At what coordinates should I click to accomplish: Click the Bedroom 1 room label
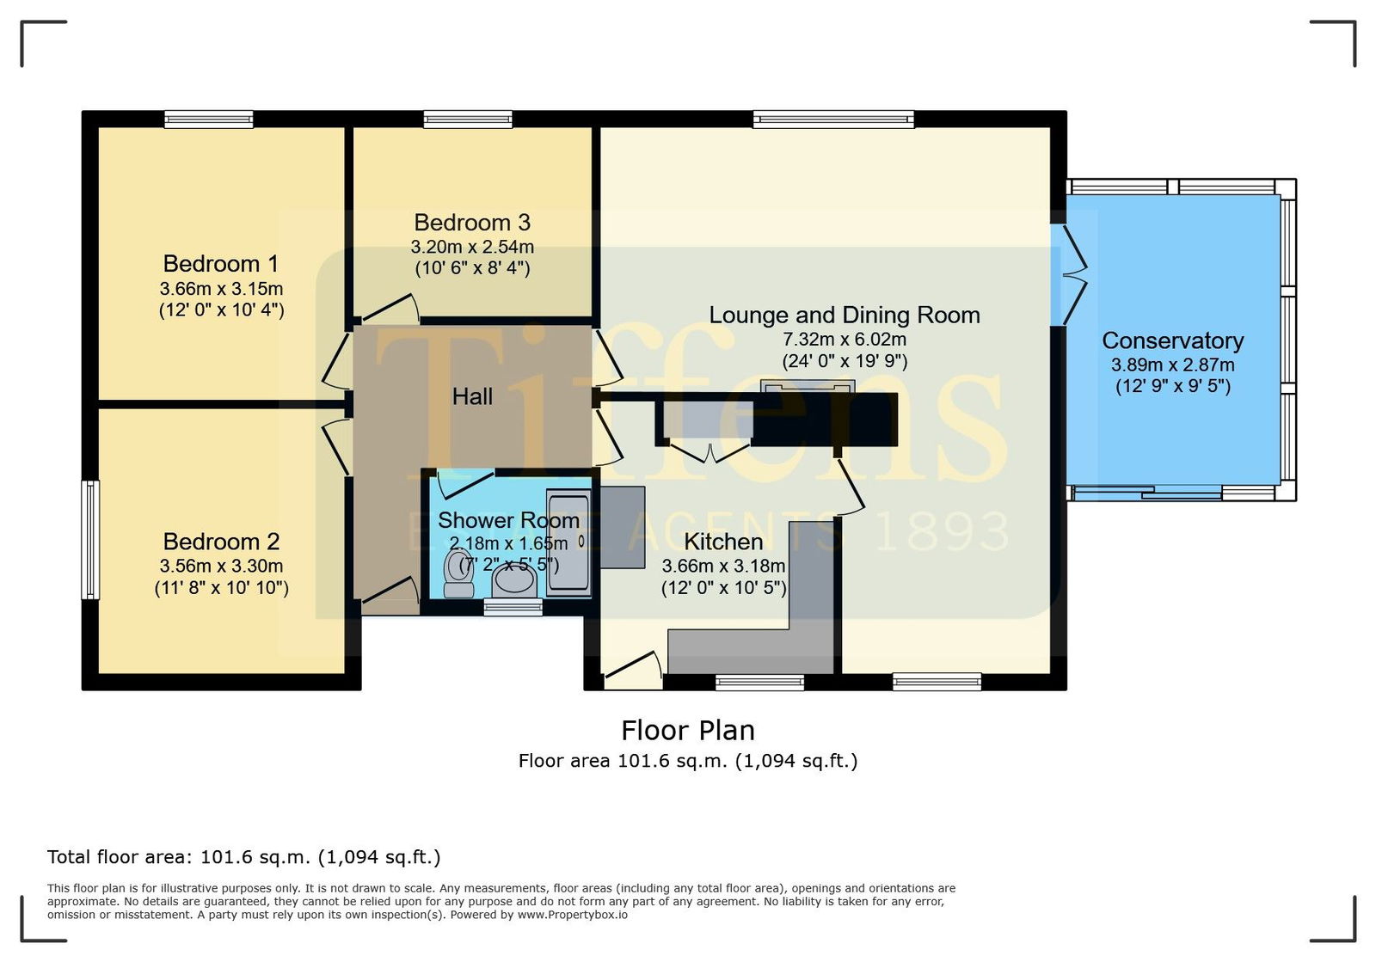(220, 264)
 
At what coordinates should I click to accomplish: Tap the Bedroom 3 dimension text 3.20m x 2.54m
(472, 248)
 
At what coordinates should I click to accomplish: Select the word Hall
(472, 396)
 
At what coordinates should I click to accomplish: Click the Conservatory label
(1172, 340)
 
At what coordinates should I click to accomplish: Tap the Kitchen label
(723, 542)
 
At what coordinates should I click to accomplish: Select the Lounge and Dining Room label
(844, 315)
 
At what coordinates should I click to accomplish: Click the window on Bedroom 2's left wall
(90, 540)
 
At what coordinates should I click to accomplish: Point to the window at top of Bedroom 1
(209, 119)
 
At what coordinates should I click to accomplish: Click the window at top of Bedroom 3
(468, 119)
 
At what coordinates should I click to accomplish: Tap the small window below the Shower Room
(513, 608)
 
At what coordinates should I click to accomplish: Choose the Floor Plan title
(687, 731)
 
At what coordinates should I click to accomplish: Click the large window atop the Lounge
(833, 119)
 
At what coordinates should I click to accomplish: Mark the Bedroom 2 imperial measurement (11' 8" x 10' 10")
(221, 588)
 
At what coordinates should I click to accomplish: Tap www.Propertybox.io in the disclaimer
(573, 915)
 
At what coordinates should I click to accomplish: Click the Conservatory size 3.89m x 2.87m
(1172, 365)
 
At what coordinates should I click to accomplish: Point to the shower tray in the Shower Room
(568, 542)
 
